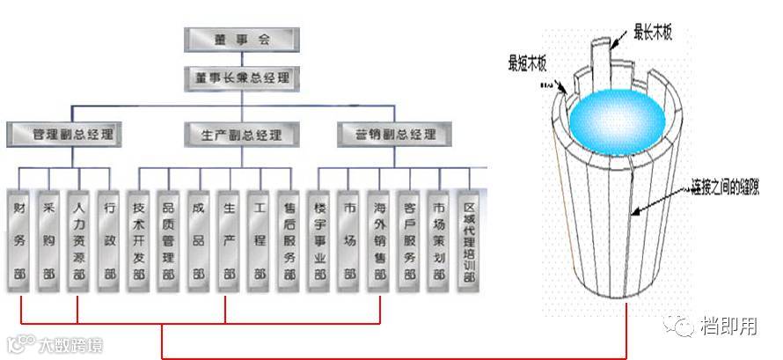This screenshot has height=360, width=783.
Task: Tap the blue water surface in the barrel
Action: tap(611, 114)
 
